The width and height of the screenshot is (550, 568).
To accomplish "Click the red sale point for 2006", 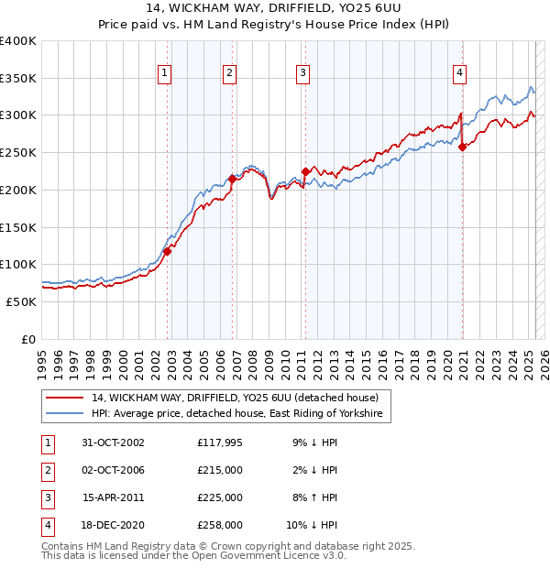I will click(233, 180).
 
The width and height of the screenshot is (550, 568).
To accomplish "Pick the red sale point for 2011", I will click(305, 171).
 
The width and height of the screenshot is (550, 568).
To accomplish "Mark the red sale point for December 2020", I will click(463, 147).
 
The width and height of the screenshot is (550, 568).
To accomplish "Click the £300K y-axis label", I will click(17, 115).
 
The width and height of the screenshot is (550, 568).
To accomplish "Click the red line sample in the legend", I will click(64, 398).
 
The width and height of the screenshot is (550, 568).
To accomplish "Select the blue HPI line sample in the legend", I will click(64, 415).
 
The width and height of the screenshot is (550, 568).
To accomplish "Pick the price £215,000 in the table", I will click(219, 470).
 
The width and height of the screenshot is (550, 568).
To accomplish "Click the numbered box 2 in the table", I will click(44, 470).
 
